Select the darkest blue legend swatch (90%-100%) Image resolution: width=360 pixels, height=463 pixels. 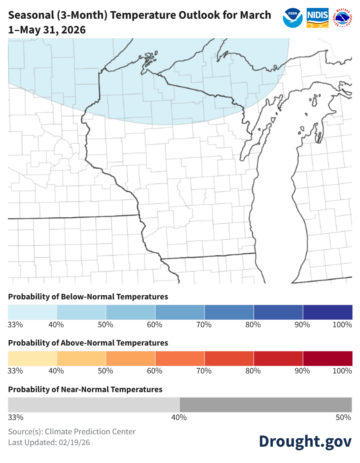click(327, 312)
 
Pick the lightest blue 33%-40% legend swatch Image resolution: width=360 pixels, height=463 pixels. click(32, 312)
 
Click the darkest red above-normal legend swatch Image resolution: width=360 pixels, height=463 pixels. click(327, 358)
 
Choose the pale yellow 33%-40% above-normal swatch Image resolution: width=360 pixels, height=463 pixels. click(32, 358)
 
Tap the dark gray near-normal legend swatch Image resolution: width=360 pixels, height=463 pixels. click(265, 404)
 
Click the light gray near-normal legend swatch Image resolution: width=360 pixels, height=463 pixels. click(94, 404)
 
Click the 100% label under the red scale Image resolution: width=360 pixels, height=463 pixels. click(342, 371)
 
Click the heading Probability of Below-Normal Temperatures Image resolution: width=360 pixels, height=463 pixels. click(88, 297)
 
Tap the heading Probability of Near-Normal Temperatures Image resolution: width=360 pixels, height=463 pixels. click(85, 389)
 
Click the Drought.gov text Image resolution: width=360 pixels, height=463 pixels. click(305, 441)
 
